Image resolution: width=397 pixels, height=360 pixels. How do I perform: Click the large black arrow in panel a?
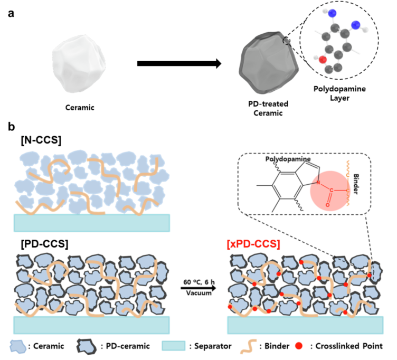(178, 64)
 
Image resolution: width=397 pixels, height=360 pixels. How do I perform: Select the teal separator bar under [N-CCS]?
(92, 223)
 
